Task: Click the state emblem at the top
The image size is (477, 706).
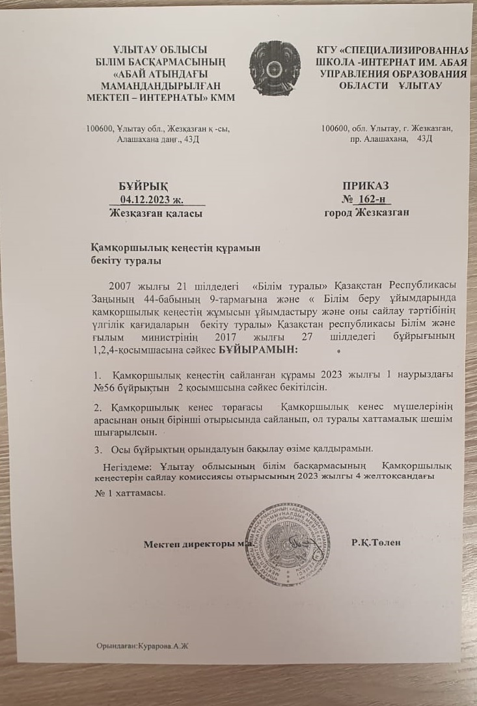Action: [274, 70]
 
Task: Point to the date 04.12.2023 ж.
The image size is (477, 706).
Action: [157, 199]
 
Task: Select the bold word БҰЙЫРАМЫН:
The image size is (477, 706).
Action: [258, 351]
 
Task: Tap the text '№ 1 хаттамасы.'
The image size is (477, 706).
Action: [130, 492]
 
